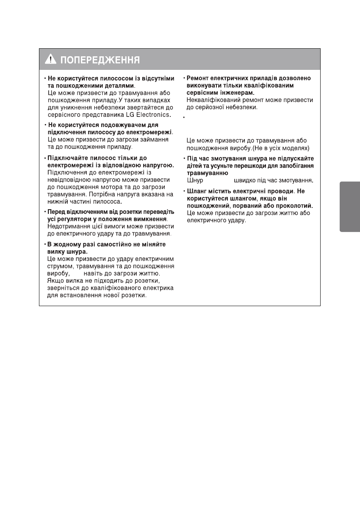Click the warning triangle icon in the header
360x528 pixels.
coord(50,60)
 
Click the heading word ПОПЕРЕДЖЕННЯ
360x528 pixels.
coord(100,60)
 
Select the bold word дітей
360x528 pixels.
coord(195,166)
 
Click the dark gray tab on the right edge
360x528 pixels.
coord(350,207)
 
